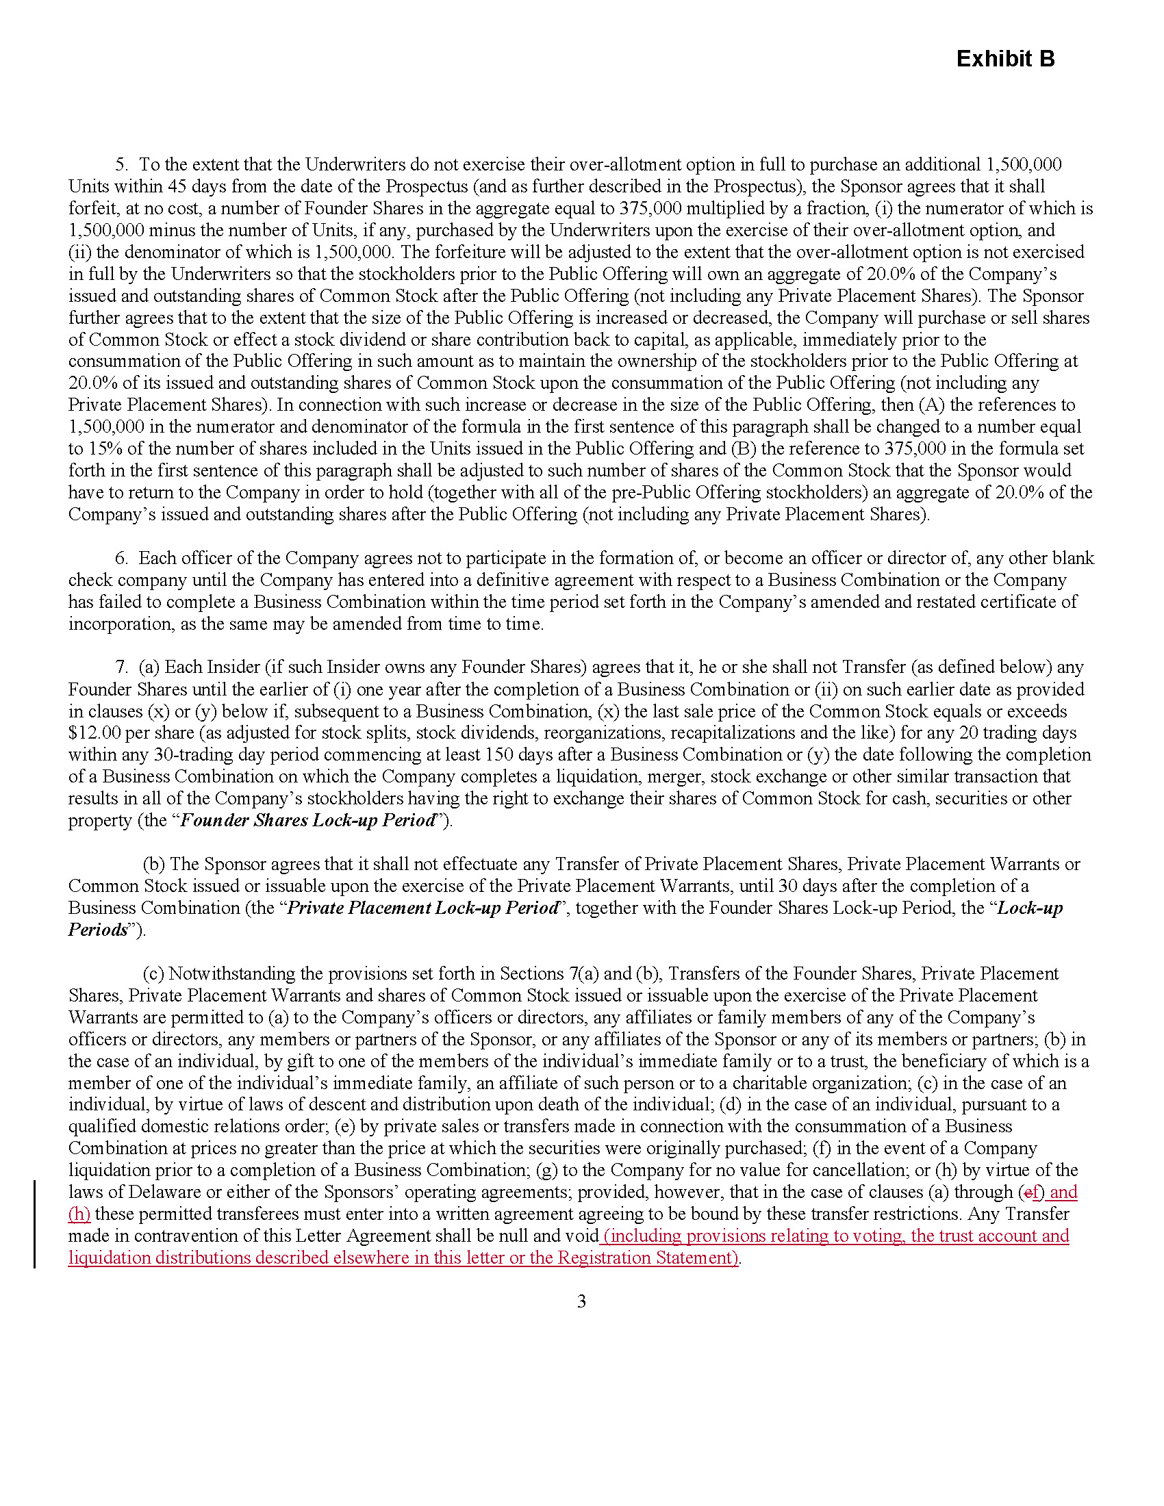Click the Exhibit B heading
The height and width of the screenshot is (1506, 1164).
coord(1004,60)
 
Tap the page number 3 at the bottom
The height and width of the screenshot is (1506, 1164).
coord(581,1301)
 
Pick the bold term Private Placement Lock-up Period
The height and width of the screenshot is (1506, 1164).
coord(422,908)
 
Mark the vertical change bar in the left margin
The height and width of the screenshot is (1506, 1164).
coord(35,1224)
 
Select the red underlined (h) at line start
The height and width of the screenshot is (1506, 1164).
coord(79,1214)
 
